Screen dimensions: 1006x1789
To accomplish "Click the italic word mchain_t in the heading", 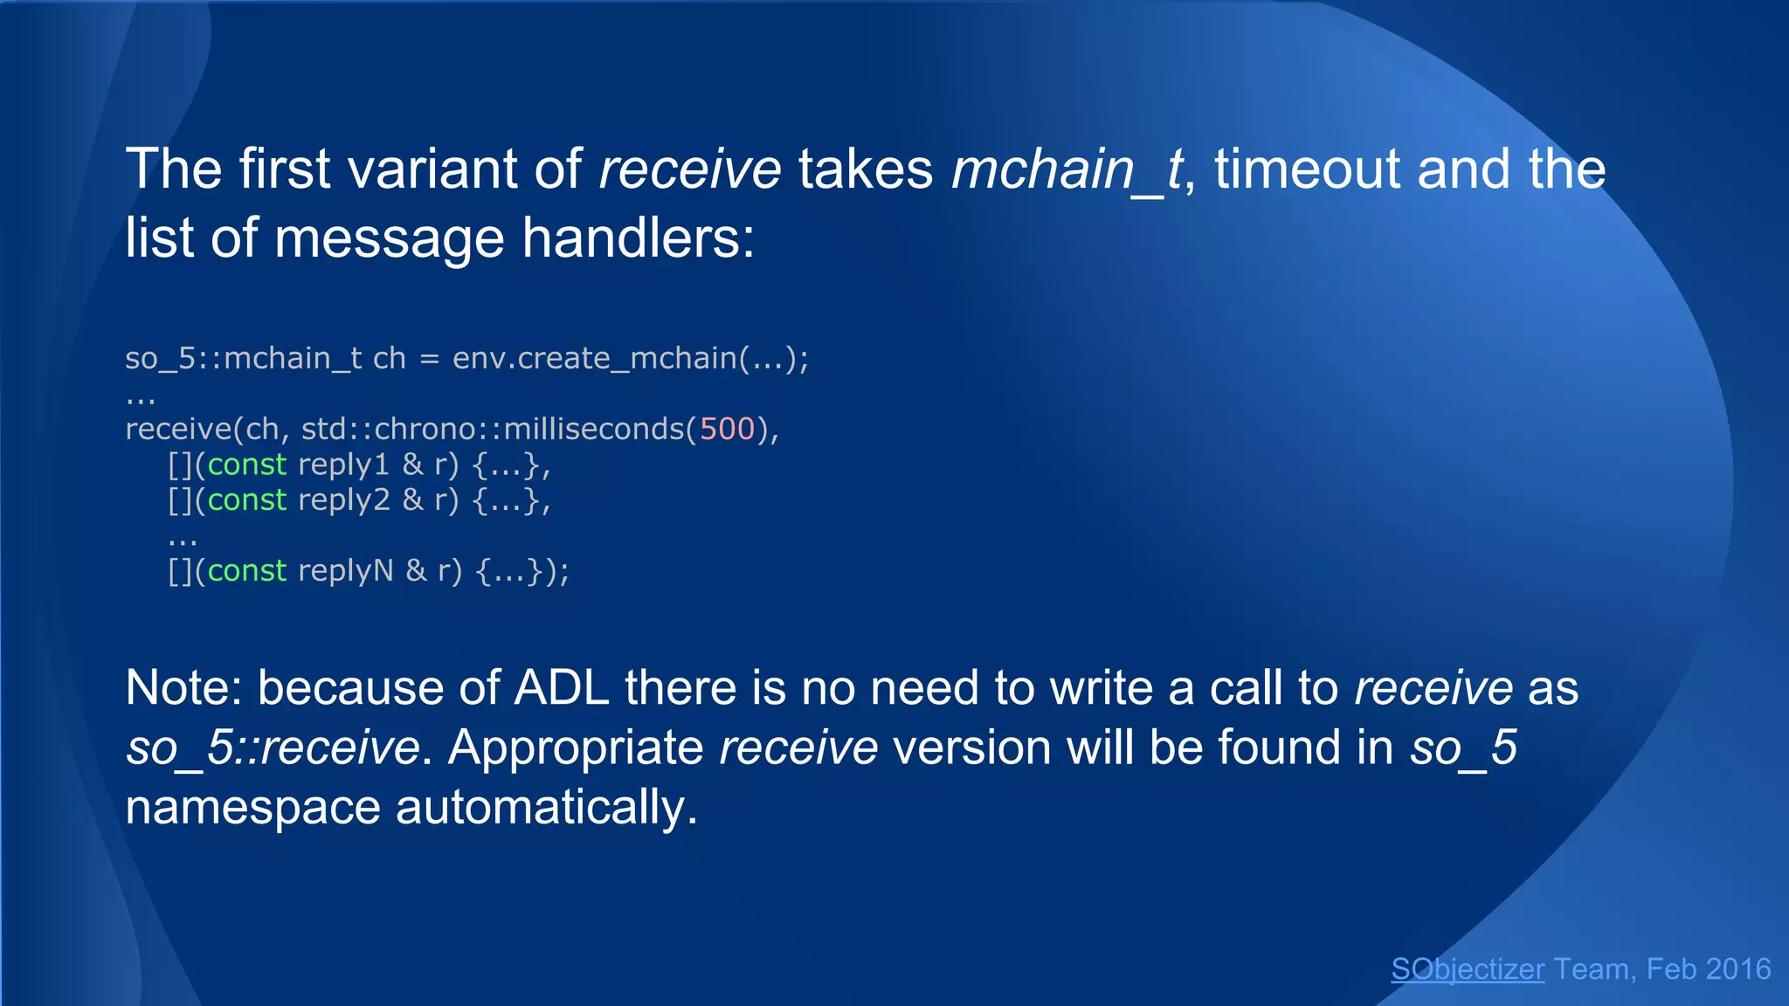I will (x=1067, y=169).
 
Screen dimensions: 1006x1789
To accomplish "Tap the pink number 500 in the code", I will (x=726, y=429).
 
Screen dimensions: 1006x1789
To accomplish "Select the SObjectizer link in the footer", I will (x=1467, y=969).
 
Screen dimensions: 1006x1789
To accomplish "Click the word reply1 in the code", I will (x=342, y=465).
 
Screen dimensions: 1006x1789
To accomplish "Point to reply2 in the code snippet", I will (x=343, y=500).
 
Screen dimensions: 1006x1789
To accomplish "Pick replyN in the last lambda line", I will (x=345, y=571).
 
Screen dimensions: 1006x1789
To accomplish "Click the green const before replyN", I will (x=246, y=571).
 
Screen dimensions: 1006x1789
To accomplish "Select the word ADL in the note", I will (x=561, y=687).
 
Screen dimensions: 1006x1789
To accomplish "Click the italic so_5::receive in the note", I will (x=273, y=748).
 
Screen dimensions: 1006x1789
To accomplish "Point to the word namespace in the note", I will (x=252, y=807).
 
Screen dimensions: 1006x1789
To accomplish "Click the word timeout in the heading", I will (x=1307, y=169).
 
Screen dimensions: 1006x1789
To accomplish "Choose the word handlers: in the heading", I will (x=638, y=238).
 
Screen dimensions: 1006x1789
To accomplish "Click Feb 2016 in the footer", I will (x=1708, y=969).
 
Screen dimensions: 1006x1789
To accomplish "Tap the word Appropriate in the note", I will (x=576, y=748).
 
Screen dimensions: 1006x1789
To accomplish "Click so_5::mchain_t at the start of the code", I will (x=243, y=358).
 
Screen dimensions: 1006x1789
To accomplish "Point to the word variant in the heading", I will (x=433, y=169).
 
